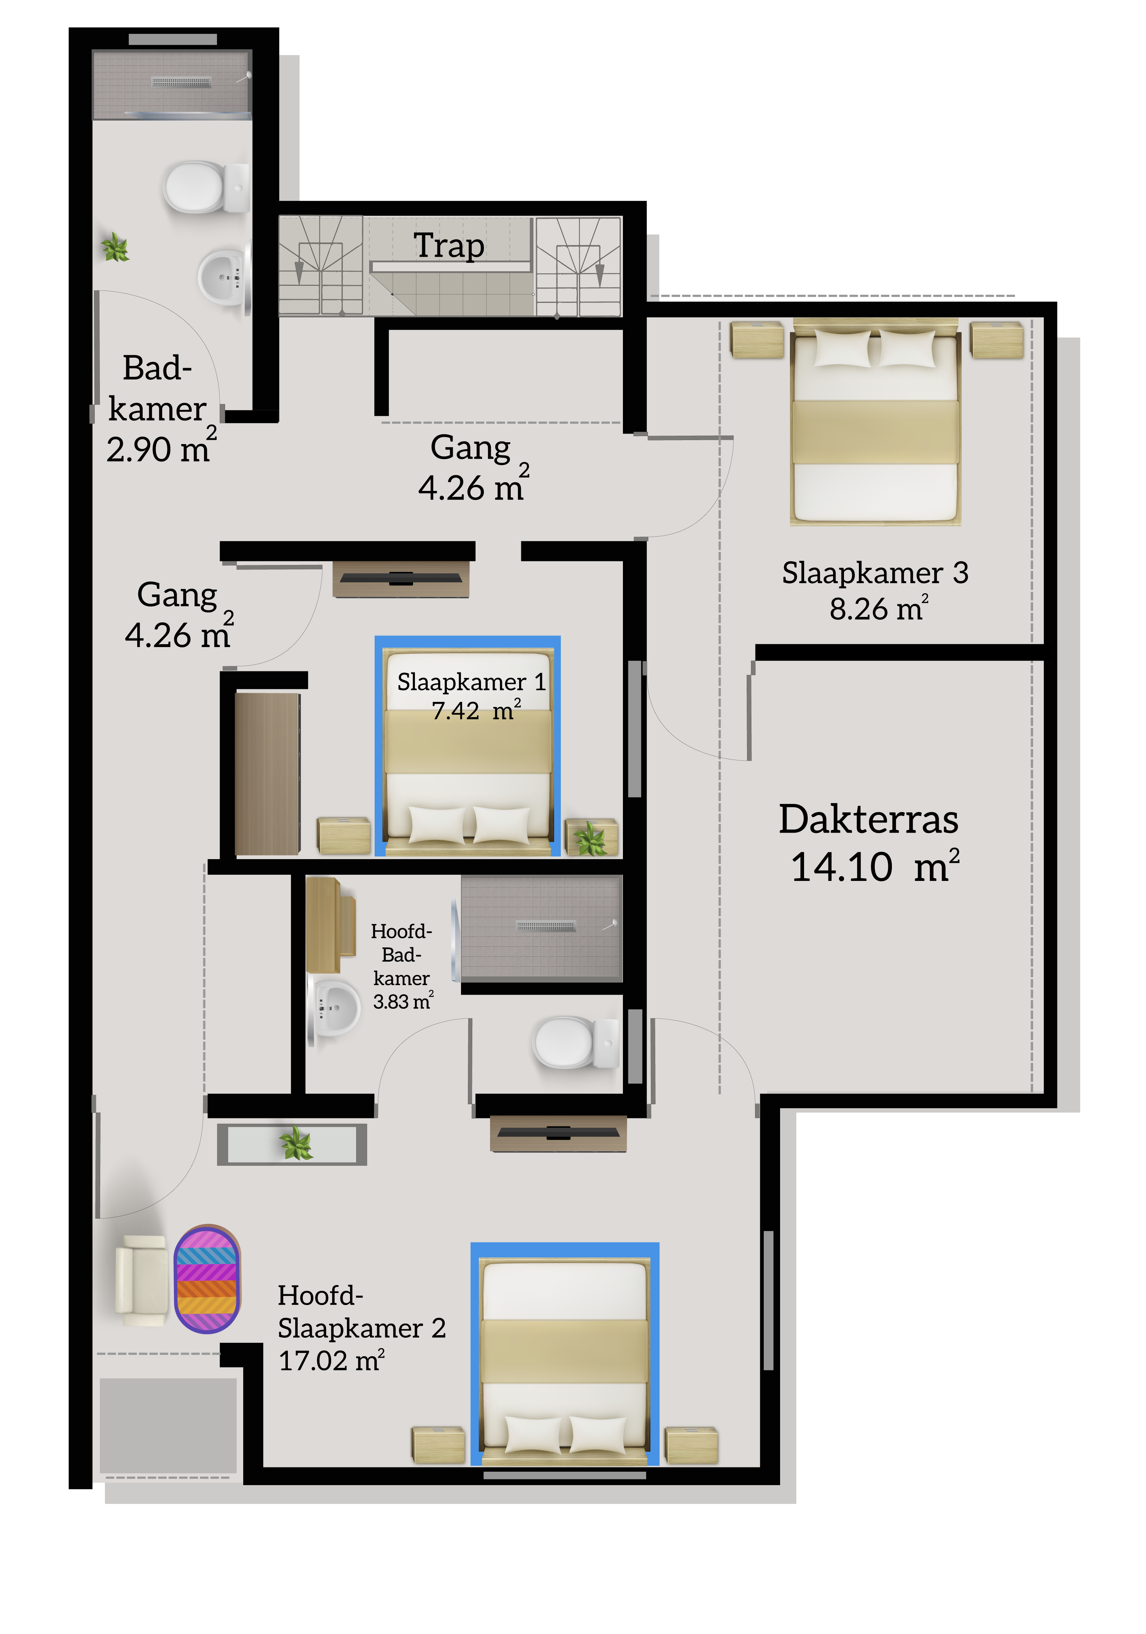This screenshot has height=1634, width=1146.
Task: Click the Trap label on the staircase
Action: (449, 246)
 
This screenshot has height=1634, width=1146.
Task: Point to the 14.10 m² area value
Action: (875, 866)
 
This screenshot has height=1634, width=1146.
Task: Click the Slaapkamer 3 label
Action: (875, 573)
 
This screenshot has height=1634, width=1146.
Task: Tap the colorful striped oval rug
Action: (207, 1279)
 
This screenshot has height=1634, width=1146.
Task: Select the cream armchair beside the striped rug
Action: (142, 1280)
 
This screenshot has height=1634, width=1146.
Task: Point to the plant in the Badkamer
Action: (115, 248)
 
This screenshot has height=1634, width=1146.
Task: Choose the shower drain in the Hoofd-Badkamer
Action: (546, 926)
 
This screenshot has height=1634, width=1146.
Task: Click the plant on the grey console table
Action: (296, 1144)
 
